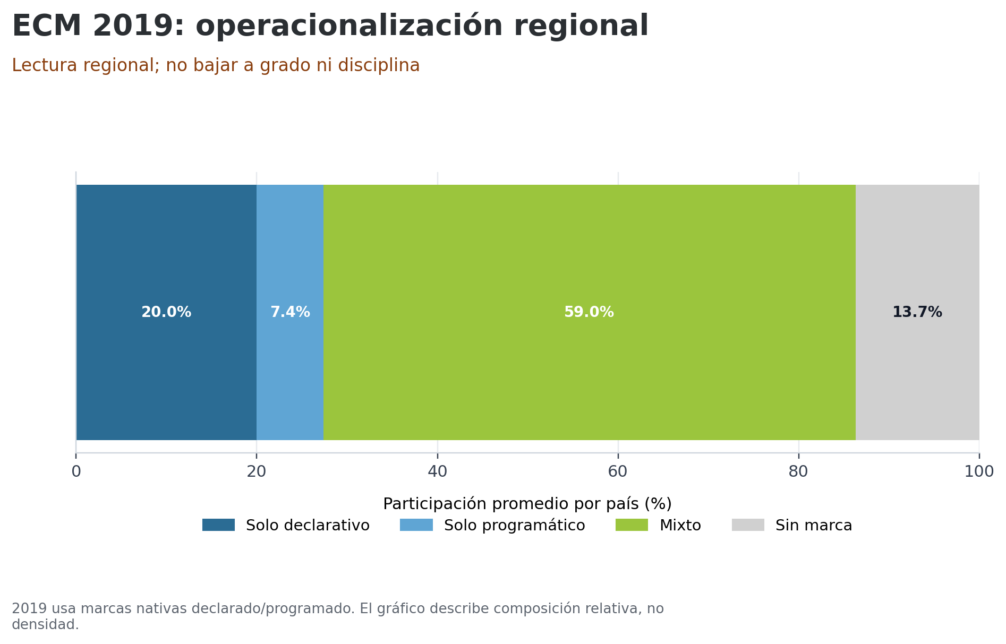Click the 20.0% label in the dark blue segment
pos(166,312)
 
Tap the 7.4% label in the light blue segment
pos(290,312)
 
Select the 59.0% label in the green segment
pos(589,312)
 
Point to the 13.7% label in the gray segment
pos(917,312)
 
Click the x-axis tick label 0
pos(76,471)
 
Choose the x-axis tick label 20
pos(257,471)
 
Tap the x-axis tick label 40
pos(437,471)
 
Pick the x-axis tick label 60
pos(618,471)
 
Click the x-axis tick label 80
pos(798,471)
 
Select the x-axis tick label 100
pos(979,471)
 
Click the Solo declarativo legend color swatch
pos(218,525)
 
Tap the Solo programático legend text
pos(514,526)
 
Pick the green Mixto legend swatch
pos(632,525)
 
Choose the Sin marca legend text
pos(813,526)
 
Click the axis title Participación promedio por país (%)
pos(527,504)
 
